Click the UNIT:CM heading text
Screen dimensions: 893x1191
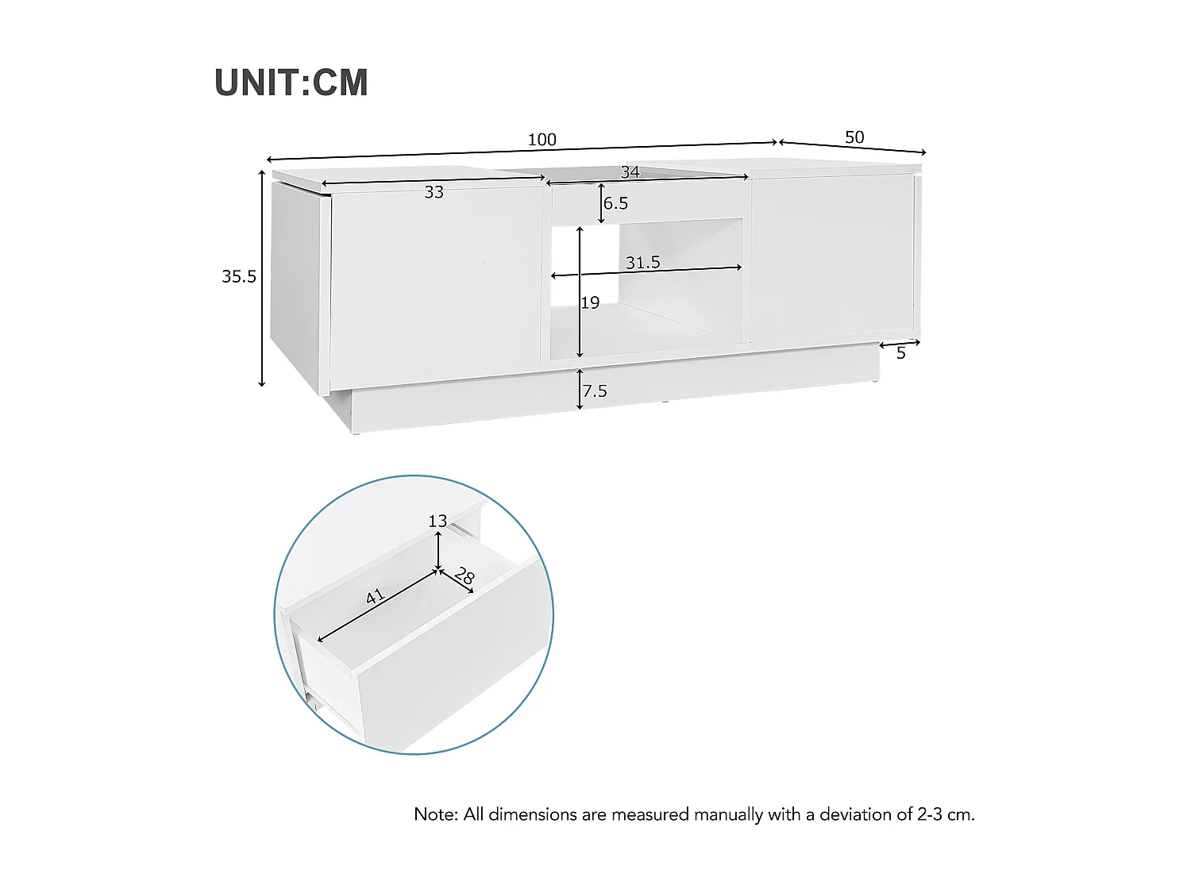(291, 83)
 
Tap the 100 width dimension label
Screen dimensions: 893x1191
(542, 140)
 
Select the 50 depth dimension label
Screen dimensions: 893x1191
(854, 137)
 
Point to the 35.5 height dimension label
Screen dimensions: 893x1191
(239, 276)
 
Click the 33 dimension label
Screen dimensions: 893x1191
(434, 192)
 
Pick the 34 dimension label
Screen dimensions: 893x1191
(630, 172)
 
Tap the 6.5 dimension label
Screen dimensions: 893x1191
(615, 203)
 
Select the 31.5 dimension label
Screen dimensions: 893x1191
(642, 262)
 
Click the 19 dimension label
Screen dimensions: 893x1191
(590, 302)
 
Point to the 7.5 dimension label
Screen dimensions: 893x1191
(594, 391)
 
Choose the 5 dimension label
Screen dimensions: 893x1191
(900, 353)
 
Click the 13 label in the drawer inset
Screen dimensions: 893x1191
(437, 521)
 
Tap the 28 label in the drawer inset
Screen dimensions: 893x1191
(464, 577)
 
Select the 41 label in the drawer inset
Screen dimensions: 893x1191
(375, 596)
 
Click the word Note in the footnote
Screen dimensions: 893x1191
(435, 814)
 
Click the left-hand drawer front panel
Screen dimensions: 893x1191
(435, 278)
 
